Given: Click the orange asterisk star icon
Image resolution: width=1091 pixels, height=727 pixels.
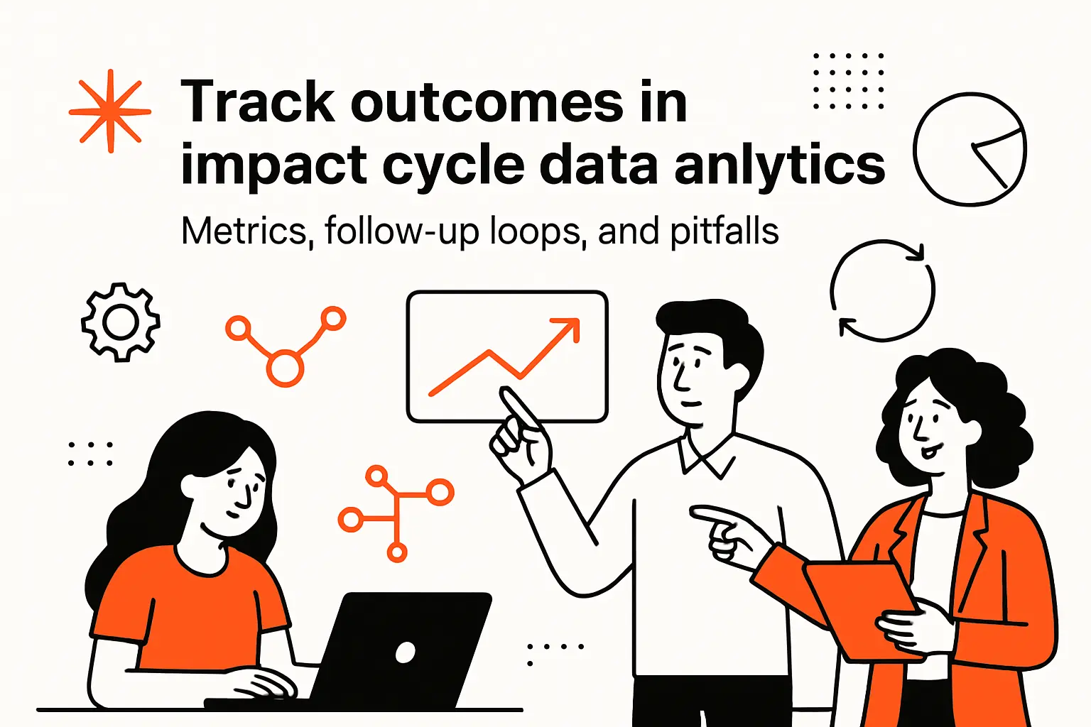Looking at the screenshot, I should coord(110,111).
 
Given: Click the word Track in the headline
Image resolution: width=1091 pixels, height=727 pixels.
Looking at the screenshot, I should coord(257,103).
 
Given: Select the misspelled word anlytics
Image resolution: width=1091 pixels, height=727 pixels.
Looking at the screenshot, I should coord(779,165).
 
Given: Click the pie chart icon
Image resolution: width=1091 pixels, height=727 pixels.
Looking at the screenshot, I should coord(970,149).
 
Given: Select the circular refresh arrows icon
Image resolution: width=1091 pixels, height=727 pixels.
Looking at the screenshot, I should coord(882,290).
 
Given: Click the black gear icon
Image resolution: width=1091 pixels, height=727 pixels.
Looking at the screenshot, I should coord(120,322).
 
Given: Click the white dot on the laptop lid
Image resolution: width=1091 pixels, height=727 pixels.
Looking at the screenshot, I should coord(405,652).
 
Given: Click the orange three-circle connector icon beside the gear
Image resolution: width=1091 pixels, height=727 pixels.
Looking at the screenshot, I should coord(286,345).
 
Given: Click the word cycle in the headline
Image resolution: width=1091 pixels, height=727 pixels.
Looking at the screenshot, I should coord(454,166).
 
